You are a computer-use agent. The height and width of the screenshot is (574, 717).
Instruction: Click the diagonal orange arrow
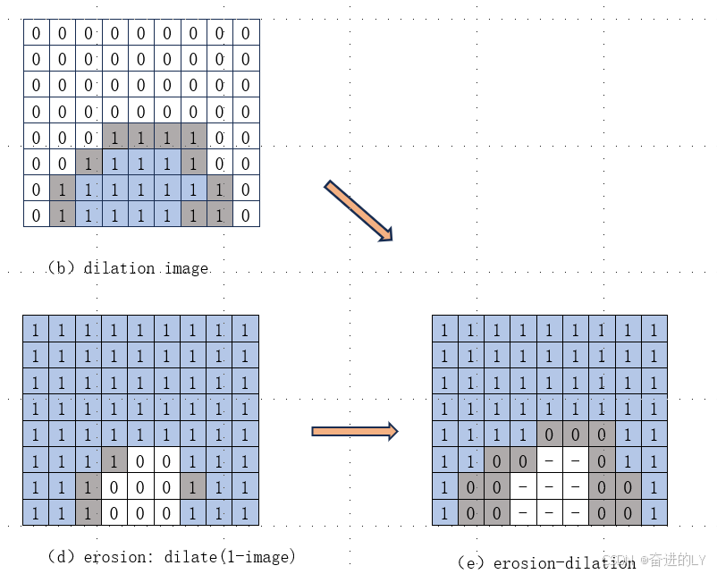point(358,211)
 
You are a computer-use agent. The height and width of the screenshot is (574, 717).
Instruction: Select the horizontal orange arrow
point(354,432)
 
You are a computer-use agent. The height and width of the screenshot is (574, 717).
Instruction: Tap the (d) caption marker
point(62,556)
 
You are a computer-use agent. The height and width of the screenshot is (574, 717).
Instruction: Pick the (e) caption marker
point(471,562)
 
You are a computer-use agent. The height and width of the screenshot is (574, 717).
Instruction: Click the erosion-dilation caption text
point(564,562)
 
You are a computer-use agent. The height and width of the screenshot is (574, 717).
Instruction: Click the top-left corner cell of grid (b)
point(36,33)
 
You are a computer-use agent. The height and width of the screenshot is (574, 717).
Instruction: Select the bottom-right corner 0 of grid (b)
point(246,215)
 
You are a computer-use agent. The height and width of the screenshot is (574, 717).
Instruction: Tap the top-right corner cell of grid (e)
point(654,330)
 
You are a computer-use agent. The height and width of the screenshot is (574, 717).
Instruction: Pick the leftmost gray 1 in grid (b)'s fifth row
point(114,138)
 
